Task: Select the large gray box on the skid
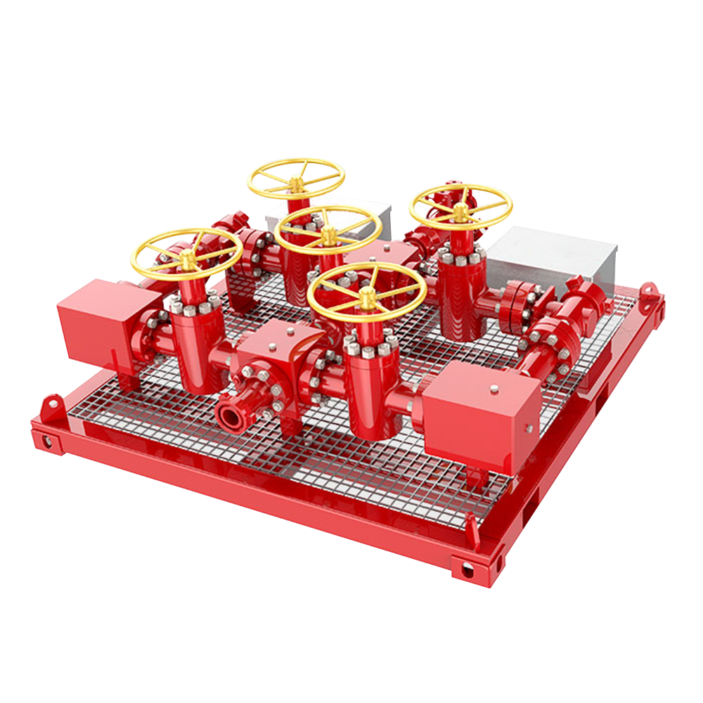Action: [551, 258]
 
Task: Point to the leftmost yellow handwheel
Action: [186, 253]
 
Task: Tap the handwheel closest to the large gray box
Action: [460, 207]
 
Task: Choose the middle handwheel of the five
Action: [328, 229]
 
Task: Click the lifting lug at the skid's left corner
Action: [51, 406]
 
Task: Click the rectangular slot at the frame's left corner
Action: [45, 441]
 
